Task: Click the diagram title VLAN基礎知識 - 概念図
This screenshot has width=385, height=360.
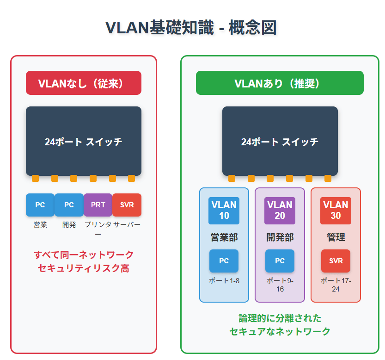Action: (x=191, y=28)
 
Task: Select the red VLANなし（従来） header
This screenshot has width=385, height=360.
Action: (x=84, y=83)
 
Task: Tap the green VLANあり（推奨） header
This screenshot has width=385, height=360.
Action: (x=280, y=83)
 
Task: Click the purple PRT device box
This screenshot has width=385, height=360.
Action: (x=98, y=205)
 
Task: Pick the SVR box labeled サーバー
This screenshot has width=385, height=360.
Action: (x=127, y=205)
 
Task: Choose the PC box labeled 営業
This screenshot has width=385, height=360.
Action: (x=40, y=205)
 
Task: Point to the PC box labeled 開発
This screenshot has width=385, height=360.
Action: (x=69, y=205)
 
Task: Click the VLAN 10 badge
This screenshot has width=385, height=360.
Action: (x=224, y=211)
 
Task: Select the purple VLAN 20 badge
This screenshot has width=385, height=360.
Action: (x=280, y=211)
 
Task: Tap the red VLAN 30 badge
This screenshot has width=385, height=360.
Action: (x=336, y=211)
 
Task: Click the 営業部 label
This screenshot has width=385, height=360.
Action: (x=224, y=237)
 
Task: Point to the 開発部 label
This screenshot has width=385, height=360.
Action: (x=280, y=237)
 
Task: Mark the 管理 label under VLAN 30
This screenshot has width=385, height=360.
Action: (x=336, y=237)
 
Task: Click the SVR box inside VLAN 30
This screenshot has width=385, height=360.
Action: (x=336, y=261)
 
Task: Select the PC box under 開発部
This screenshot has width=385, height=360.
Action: (x=280, y=261)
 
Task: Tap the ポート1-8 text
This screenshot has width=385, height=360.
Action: (x=224, y=280)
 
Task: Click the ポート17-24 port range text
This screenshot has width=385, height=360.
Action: (x=336, y=285)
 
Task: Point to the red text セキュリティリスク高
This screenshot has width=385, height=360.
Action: (x=84, y=268)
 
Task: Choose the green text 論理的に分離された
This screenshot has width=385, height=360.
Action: (x=280, y=318)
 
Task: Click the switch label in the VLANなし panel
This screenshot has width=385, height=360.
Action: (x=84, y=142)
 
